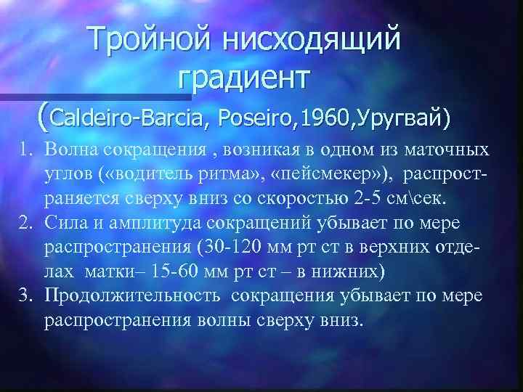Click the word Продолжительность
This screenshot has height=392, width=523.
[x=121, y=295]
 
